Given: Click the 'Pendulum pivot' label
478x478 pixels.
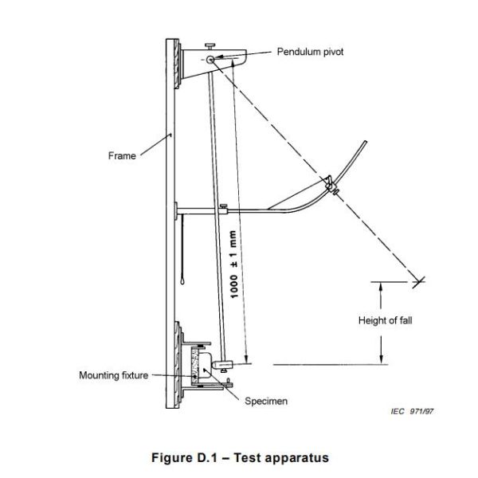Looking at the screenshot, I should (310, 52).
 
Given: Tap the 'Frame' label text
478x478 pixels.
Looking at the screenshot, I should (122, 155).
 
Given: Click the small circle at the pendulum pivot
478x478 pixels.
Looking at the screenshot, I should (209, 59).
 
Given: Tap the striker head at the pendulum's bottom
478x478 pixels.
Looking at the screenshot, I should (223, 365).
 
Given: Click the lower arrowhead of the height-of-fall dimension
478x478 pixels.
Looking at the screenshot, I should (382, 358).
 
